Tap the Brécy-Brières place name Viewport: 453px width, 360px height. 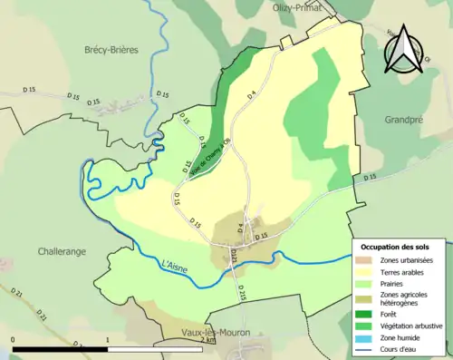(111, 50)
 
